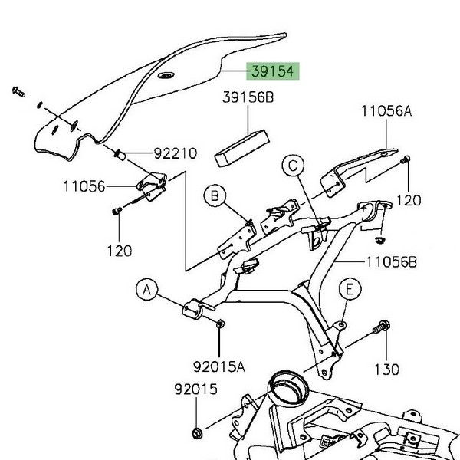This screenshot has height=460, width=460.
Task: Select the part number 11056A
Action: click(387, 111)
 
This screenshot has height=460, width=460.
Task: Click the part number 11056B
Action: click(391, 261)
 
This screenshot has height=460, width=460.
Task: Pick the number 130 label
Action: click(387, 369)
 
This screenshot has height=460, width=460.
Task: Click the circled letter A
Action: click(148, 290)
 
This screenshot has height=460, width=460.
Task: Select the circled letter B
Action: click(215, 198)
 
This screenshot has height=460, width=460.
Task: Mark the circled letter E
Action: click(350, 290)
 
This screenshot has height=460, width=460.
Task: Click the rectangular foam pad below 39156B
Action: click(243, 146)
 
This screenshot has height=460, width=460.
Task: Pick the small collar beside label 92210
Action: click(120, 156)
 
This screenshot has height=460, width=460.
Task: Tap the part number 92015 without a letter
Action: click(195, 390)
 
